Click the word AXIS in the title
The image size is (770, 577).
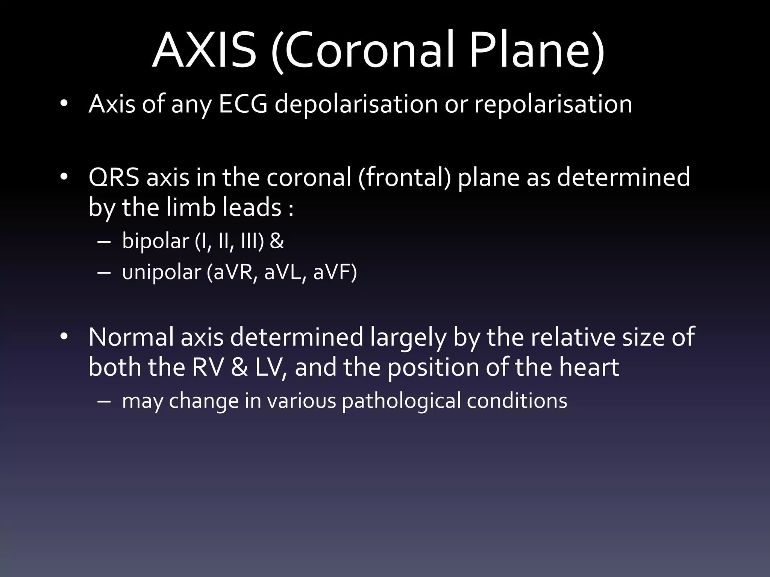(x=205, y=51)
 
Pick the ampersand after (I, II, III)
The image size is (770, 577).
(x=277, y=241)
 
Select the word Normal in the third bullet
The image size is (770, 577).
(x=131, y=337)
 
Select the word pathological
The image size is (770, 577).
(x=401, y=401)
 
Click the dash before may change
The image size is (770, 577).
(x=103, y=401)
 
